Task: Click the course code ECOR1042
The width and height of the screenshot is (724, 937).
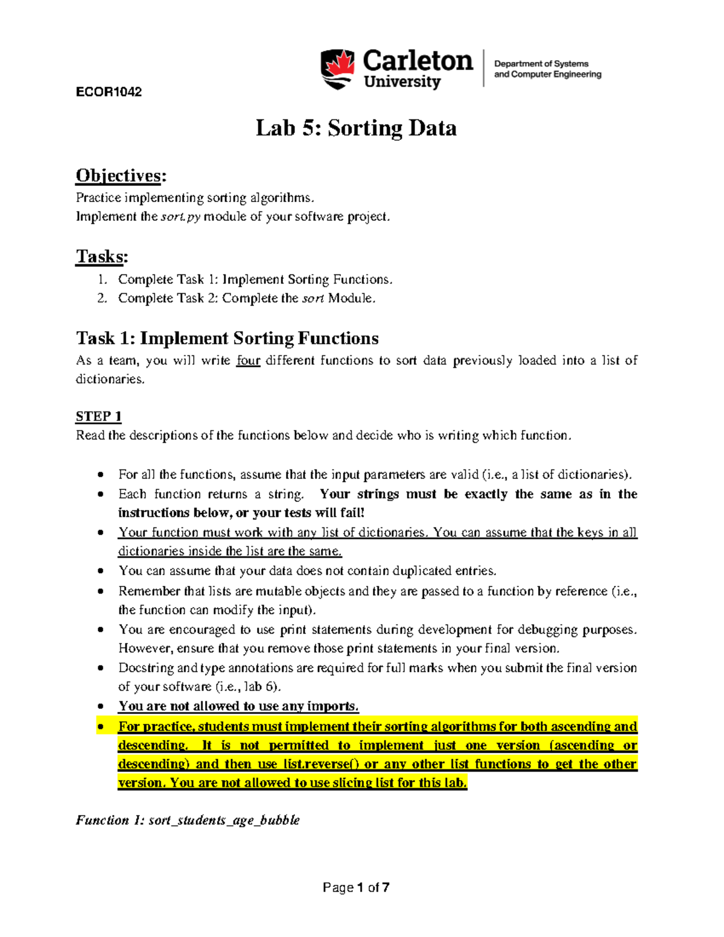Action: coord(109,92)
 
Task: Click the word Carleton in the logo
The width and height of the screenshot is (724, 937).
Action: coord(418,61)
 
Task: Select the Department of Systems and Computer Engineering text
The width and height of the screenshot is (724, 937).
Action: coord(547,69)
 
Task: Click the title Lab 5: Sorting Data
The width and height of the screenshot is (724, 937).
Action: coord(356,128)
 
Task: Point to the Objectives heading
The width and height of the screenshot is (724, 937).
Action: coord(121,176)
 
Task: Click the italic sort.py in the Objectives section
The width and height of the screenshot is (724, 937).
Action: coord(180,217)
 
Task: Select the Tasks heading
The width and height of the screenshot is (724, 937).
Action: coord(102,256)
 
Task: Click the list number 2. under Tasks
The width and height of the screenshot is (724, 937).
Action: coord(102,298)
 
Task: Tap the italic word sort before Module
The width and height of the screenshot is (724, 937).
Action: coord(313,298)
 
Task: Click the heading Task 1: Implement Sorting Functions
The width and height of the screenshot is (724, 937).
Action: coord(227,338)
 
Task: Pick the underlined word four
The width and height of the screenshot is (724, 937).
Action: coord(248,361)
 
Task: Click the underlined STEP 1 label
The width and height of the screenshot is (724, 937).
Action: coord(98,416)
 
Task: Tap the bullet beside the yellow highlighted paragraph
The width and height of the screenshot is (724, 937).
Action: coord(101,727)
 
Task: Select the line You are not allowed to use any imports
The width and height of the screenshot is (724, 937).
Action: coord(238,707)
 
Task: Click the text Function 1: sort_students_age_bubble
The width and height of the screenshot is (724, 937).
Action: coord(188,820)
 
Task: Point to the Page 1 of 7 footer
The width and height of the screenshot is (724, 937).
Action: coord(356,888)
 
